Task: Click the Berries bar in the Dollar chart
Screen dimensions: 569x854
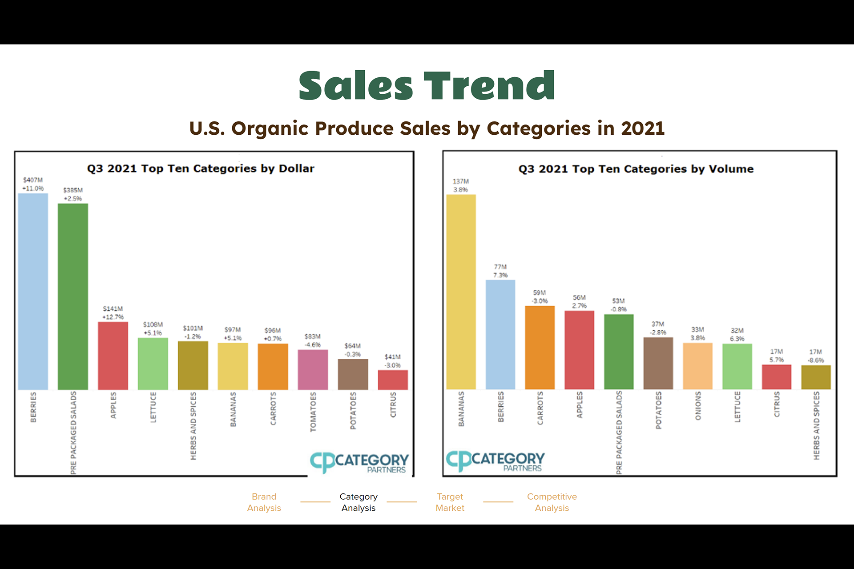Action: point(33,291)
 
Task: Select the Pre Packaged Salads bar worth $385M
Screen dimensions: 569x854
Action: point(73,297)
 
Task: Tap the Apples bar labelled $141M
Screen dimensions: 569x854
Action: point(113,356)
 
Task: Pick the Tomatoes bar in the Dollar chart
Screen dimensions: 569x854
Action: point(313,369)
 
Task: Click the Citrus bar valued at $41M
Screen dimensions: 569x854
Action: point(393,380)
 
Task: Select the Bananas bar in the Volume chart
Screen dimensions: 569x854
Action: point(461,292)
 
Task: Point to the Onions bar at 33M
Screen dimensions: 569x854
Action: point(697,366)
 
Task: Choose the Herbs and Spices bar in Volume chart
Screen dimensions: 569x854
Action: point(816,377)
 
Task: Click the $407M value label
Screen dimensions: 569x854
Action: point(33,180)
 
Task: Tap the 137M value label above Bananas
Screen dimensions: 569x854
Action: point(461,181)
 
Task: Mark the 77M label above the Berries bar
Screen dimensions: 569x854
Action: point(500,267)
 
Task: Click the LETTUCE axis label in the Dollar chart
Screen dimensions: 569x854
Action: point(153,407)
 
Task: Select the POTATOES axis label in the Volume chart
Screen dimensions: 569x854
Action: point(658,410)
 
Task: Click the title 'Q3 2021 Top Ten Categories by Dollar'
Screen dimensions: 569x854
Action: point(201,168)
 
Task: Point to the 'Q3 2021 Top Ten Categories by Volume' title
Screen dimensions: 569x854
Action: point(636,169)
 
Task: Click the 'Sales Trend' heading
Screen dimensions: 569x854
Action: point(427,85)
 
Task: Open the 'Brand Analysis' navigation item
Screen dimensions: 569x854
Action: point(264,502)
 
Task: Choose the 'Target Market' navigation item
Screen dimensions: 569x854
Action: point(450,502)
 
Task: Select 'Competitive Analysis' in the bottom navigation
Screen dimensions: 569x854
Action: point(552,502)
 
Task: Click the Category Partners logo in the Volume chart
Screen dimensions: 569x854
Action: point(495,461)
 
